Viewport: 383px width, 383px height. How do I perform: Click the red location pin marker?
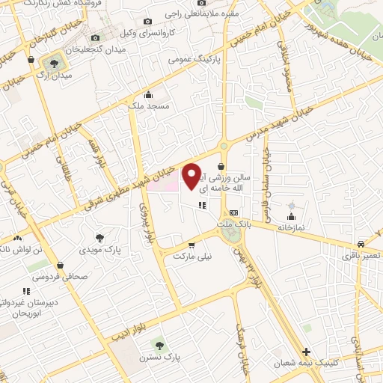pyautogui.click(x=192, y=176)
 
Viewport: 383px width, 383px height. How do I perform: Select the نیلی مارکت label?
pyautogui.click(x=193, y=256)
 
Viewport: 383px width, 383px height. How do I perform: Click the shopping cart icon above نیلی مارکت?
pyautogui.click(x=192, y=245)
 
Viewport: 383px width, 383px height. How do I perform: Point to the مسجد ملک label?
pyautogui.click(x=149, y=106)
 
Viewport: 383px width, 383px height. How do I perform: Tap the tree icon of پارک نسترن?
pyautogui.click(x=158, y=344)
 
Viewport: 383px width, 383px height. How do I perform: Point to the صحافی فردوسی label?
pyautogui.click(x=60, y=275)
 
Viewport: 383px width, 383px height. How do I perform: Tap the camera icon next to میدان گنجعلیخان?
pyautogui.click(x=95, y=38)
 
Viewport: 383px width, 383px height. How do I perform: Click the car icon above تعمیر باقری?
pyautogui.click(x=361, y=245)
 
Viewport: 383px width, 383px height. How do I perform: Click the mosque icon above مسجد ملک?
pyautogui.click(x=149, y=95)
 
